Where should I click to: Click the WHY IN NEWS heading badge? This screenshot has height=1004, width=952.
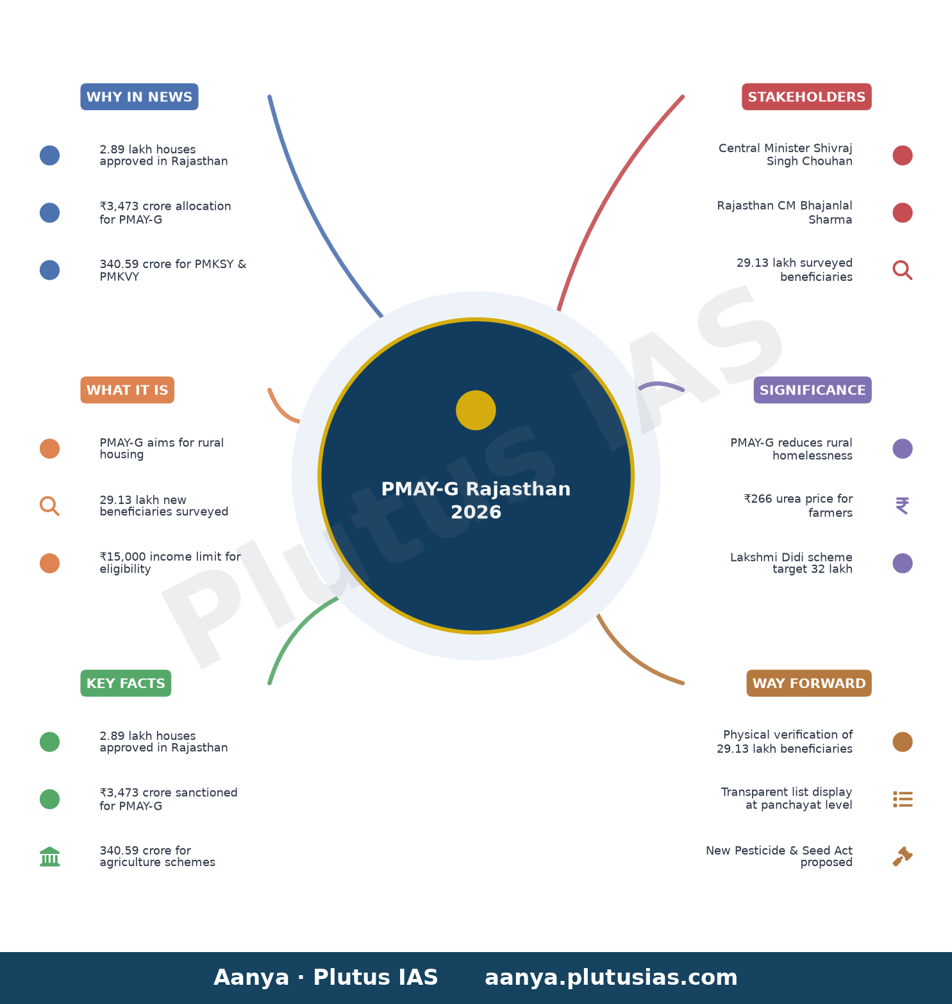pos(139,97)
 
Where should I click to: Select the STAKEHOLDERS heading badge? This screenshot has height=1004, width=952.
pos(806,97)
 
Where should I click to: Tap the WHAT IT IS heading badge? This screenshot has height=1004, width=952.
pos(127,390)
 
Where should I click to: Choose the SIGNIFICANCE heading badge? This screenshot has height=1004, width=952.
pos(812,390)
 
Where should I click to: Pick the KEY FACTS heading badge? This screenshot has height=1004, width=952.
pos(126,683)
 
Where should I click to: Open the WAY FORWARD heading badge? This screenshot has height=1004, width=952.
pos(809,683)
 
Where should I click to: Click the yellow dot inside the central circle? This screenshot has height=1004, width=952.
pos(476,410)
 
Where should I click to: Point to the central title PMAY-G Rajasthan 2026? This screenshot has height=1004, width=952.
pos(476,500)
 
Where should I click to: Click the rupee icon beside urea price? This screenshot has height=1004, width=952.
pos(902,506)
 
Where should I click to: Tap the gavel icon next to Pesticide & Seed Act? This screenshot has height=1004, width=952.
pos(903,857)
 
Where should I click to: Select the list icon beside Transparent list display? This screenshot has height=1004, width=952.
pos(903,799)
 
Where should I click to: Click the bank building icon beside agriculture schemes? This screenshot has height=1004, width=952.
pos(49,857)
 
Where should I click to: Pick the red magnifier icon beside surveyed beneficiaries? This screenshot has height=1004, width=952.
pos(903,270)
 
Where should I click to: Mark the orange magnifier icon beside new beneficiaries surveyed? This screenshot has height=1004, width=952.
pos(49,506)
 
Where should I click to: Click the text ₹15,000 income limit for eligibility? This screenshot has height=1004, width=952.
pos(170,563)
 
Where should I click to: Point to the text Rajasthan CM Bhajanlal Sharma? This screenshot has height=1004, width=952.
pos(785,212)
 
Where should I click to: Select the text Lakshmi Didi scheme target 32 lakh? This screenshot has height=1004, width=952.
pos(791,563)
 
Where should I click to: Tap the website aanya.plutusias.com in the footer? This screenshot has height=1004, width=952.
pos(611,978)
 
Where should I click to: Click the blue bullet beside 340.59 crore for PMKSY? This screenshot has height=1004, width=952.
pos(49,270)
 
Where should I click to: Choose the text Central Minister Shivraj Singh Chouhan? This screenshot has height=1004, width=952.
pos(785,155)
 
